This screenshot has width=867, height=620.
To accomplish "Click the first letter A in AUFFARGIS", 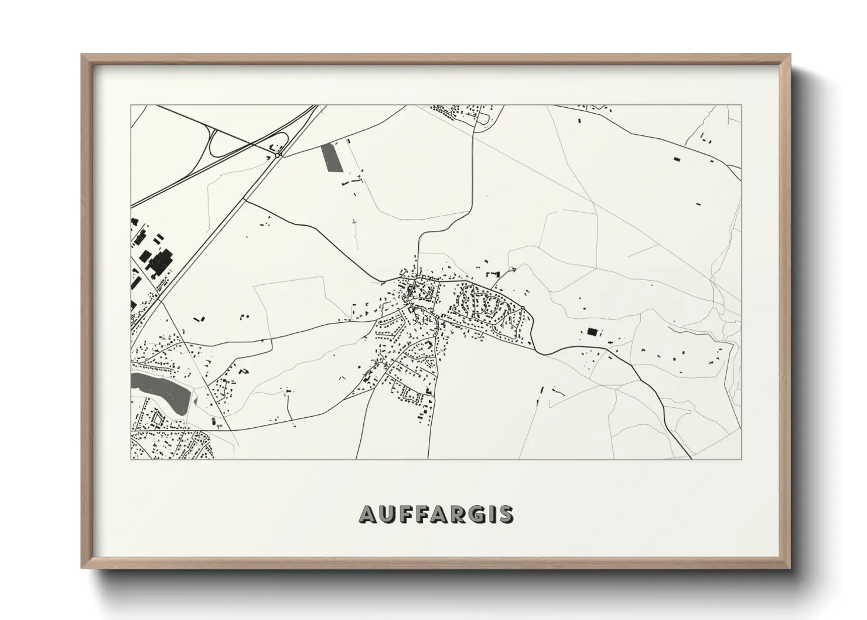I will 368,514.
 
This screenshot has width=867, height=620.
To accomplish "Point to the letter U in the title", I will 387,514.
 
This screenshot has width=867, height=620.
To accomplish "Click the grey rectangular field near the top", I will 330,157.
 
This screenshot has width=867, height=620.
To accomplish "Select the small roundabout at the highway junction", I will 277,155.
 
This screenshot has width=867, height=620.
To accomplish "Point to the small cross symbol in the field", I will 354,223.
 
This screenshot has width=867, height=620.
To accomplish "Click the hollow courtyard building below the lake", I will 156,420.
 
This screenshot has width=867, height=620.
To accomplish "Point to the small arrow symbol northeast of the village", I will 513,268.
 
